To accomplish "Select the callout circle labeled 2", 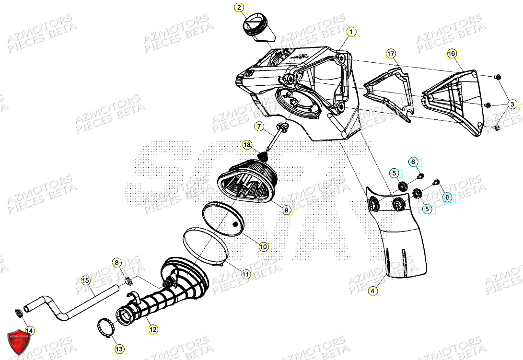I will pyautogui.click(x=239, y=7).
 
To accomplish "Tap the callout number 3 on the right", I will pyautogui.click(x=512, y=105).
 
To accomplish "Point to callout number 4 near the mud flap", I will pyautogui.click(x=373, y=290).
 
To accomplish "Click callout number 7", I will pyautogui.click(x=259, y=127).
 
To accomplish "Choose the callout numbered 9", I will pyautogui.click(x=286, y=210).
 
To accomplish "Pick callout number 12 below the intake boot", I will pyautogui.click(x=152, y=329).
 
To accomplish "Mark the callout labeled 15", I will pyautogui.click(x=85, y=280).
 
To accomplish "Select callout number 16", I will pyautogui.click(x=451, y=54).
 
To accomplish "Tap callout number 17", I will pyautogui.click(x=390, y=54).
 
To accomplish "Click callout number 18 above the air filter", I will pyautogui.click(x=247, y=144).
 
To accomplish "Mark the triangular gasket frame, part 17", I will pyautogui.click(x=388, y=91).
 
